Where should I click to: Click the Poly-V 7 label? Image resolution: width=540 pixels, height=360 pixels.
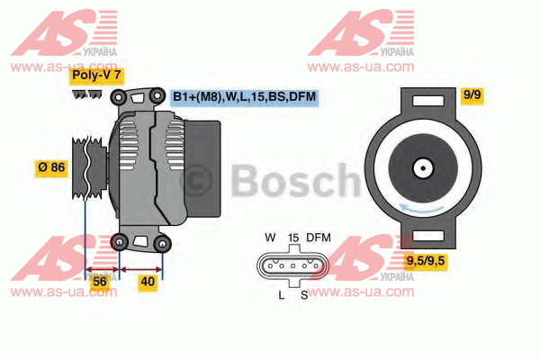pos(96,75)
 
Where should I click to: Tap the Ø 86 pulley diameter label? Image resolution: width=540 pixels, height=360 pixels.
pos(51,167)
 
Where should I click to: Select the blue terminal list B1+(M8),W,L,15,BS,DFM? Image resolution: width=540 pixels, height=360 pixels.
pos(244,97)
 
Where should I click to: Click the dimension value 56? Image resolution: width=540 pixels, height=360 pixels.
pos(100,282)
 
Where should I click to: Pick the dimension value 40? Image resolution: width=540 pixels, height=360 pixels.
pos(148,282)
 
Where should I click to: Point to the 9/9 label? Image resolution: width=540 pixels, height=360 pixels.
pos(472,94)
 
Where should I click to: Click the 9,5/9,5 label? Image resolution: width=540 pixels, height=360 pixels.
pos(426,261)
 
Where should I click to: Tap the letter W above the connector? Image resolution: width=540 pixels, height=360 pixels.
pos(270,238)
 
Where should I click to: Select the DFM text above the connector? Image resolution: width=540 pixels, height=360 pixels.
pos(319,238)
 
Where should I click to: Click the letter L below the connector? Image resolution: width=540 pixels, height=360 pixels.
pos(282,295)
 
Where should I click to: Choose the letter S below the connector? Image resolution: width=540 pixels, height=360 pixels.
pos(304,295)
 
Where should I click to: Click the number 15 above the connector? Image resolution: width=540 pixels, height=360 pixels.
pos(293,238)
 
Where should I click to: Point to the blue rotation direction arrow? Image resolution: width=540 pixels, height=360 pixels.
pos(421,209)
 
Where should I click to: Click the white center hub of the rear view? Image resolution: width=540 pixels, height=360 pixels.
pos(423,168)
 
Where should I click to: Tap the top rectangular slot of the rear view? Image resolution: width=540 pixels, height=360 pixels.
pos(428,102)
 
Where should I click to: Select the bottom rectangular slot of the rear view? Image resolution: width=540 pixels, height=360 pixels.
pos(428,236)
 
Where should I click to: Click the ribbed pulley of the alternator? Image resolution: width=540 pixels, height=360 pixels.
pos(89,168)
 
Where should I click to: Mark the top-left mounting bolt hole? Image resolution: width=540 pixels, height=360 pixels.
pos(118,97)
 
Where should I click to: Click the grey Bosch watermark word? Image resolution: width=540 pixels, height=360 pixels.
pos(295,181)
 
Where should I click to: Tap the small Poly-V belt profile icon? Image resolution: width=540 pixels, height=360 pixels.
pos(87,94)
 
